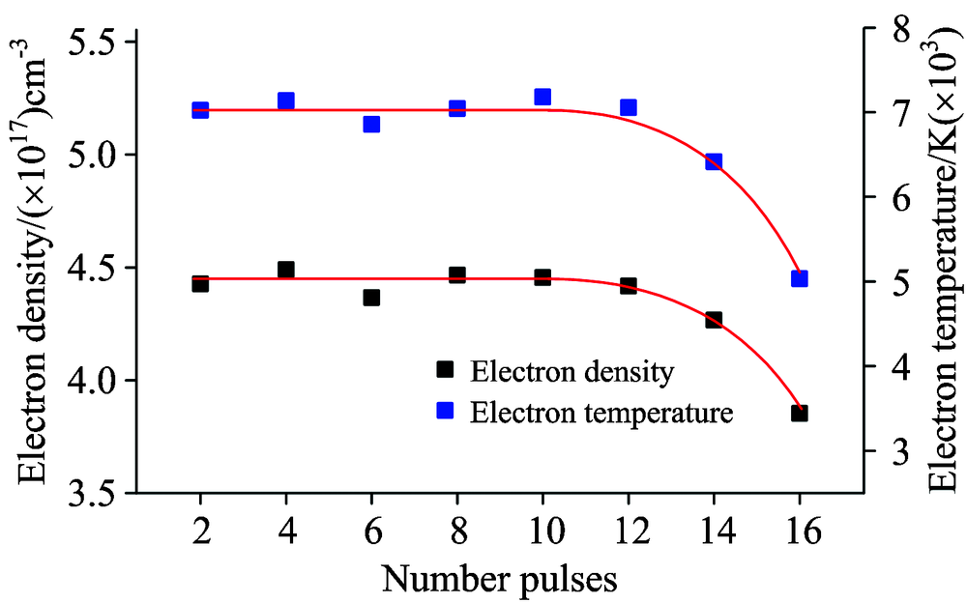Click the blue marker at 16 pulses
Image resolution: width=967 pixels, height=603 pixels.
[799, 278]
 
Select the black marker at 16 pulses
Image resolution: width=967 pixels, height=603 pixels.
[799, 413]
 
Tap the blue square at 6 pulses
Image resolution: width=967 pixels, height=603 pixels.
[371, 124]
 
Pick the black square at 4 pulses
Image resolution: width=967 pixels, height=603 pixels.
[285, 270]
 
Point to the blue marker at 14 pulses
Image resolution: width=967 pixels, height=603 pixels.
[714, 161]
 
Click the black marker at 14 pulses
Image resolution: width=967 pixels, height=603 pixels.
[714, 319]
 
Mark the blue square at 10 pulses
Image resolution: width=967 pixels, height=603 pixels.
[542, 97]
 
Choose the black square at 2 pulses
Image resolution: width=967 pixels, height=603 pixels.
[200, 283]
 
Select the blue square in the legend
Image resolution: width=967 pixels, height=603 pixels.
[445, 411]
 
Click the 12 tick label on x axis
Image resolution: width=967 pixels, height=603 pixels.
[628, 531]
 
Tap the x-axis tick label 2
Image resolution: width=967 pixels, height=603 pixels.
[200, 531]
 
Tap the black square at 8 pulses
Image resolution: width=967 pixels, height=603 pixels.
[457, 275]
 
